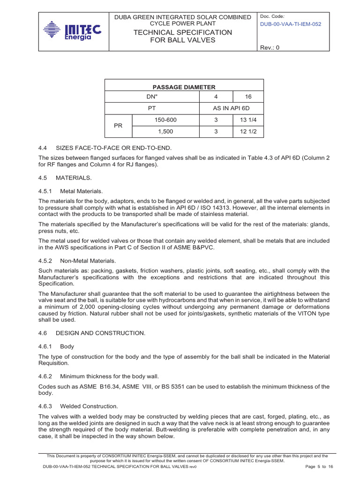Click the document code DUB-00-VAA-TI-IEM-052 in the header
(291, 24)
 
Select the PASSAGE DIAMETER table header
(184, 87)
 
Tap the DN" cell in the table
(152, 97)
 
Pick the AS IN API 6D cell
(232, 108)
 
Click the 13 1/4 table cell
(248, 120)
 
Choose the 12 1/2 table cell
(248, 132)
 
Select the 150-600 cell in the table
(166, 120)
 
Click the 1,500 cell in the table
(166, 132)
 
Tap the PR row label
(119, 126)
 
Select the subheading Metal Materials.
(81, 191)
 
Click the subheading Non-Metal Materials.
(88, 261)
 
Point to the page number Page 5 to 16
(319, 466)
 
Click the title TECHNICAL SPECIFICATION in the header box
(183, 32)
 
